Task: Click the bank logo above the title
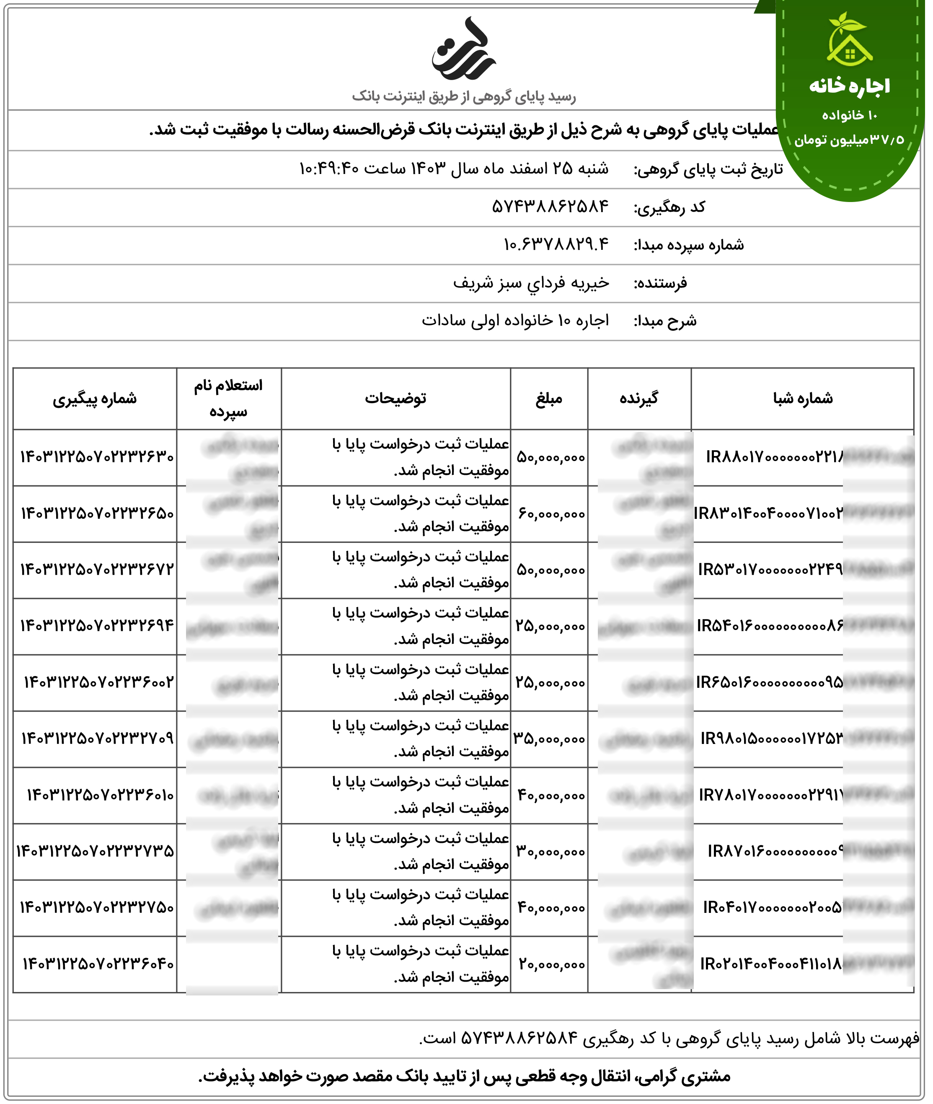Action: [x=464, y=50]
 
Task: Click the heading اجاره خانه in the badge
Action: [x=850, y=86]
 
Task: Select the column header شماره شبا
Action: [x=802, y=399]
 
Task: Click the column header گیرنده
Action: [x=639, y=399]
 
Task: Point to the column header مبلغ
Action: [x=548, y=399]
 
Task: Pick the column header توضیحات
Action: [x=395, y=399]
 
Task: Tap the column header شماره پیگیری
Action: [x=95, y=399]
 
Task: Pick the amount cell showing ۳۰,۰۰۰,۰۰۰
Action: [x=550, y=852]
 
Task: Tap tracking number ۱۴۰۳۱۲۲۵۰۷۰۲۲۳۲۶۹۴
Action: [x=97, y=626]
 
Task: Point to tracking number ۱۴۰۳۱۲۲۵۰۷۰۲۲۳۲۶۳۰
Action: [x=97, y=457]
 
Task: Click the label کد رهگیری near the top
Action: [x=669, y=207]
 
